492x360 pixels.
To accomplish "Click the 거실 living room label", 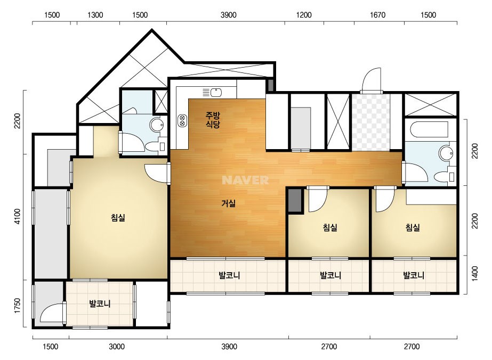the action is [229, 203].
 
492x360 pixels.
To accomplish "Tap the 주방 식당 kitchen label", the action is [213, 120].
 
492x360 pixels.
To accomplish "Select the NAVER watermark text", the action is [245, 180].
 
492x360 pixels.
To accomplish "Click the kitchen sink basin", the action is [216, 93].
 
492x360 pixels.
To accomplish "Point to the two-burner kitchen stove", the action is [182, 121].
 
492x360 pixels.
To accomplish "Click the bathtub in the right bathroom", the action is [429, 129].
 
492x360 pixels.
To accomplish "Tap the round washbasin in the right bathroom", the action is [446, 153].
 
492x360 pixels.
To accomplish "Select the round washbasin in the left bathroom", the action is [157, 125].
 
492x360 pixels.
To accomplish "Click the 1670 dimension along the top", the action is [377, 15].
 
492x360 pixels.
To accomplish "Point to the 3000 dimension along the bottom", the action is [117, 347].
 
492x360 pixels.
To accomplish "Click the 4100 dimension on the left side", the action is [17, 216].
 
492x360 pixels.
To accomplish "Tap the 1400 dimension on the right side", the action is [475, 273].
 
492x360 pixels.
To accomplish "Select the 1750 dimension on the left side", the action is [17, 306].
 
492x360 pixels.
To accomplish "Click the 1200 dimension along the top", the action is [304, 15].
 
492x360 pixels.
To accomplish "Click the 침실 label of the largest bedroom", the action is [118, 217].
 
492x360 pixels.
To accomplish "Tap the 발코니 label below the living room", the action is [229, 275].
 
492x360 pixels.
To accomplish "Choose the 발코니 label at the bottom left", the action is [100, 304].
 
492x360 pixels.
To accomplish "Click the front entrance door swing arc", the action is [371, 79].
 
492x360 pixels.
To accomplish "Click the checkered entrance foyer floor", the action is [371, 122].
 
